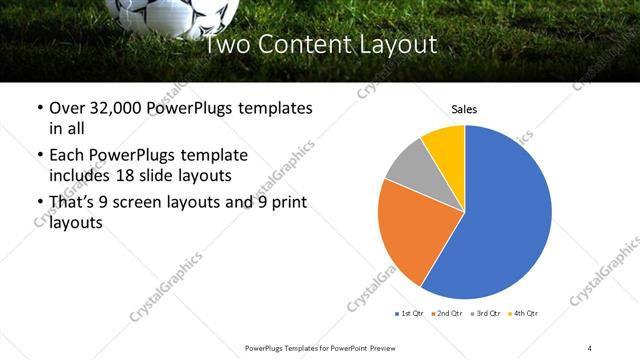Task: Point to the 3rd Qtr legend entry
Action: click(486, 314)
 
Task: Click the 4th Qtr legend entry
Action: click(524, 314)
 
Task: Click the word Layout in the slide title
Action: click(398, 45)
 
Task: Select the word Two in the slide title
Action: click(227, 45)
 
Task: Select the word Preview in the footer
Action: click(380, 347)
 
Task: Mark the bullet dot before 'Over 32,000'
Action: click(39, 108)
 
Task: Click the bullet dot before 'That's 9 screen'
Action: click(39, 204)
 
